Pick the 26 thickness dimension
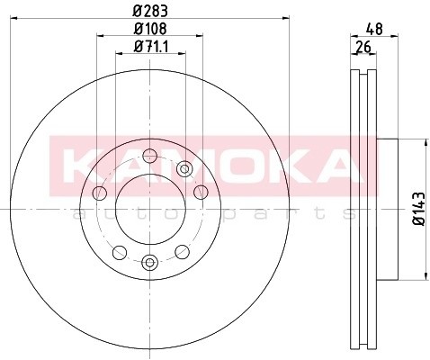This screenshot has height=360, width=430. coord(363,48)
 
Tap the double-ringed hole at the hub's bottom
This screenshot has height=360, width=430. coord(149,262)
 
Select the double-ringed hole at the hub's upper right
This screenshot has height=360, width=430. coord(184,168)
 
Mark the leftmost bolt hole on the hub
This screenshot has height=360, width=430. coord(100,193)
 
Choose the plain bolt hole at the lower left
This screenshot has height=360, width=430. coord(119,251)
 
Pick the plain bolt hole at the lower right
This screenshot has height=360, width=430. coord(181,251)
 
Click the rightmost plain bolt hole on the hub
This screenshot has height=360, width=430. coord(199,193)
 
